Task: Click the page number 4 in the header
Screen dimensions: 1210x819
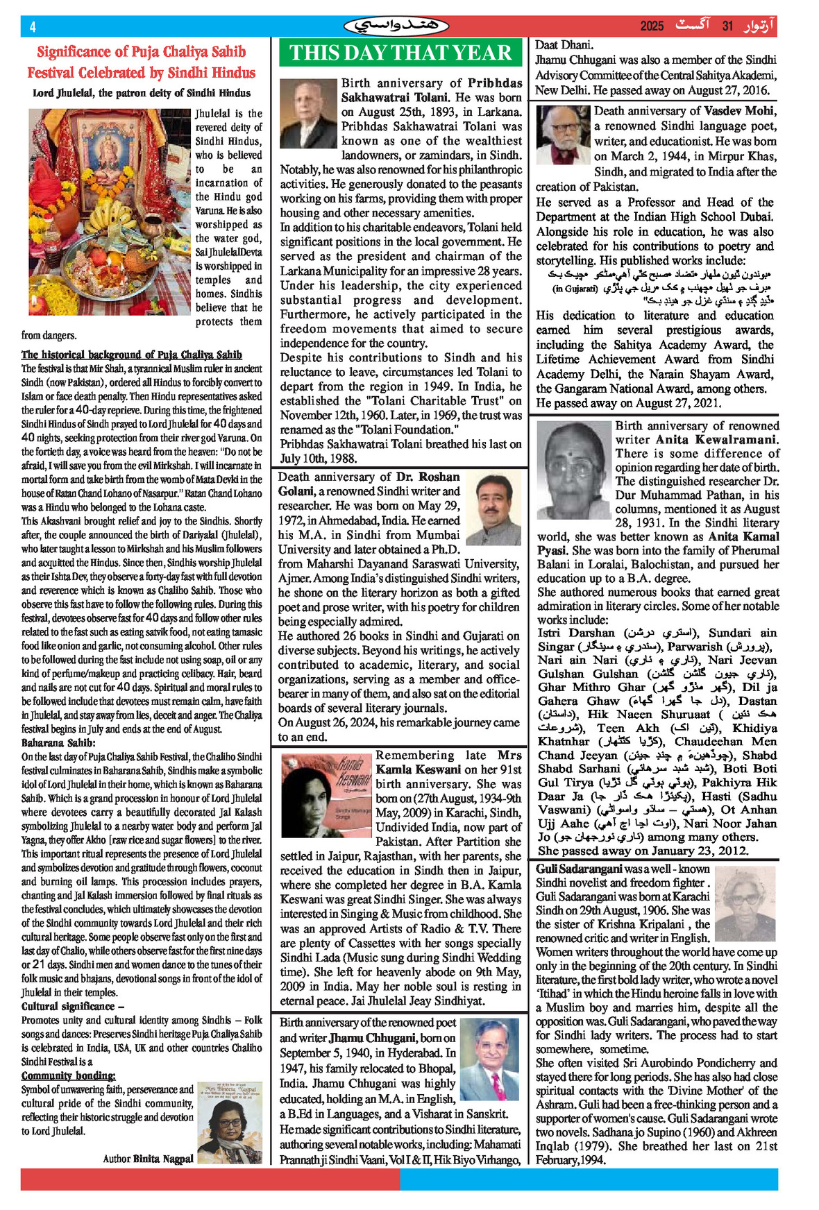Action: pos(33,27)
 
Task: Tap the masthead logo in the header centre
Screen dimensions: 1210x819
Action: pos(396,26)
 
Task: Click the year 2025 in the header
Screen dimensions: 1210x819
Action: pos(652,26)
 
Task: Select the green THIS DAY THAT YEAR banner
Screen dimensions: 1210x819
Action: pos(400,53)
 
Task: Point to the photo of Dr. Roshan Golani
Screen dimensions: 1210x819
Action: pos(493,508)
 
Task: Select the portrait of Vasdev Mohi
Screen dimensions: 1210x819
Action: pos(563,135)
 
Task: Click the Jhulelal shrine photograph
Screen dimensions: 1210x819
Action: pos(109,212)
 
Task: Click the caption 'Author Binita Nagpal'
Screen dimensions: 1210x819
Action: pos(148,1158)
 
